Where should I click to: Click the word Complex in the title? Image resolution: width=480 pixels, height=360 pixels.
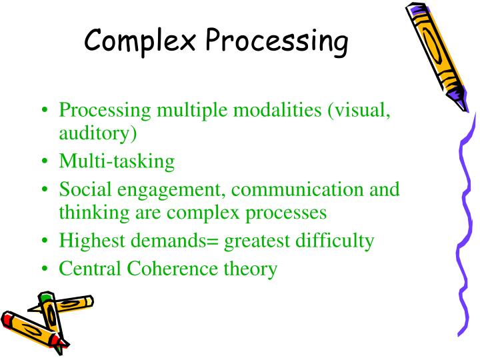(140, 41)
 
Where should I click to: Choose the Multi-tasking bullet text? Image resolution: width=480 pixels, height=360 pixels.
(117, 161)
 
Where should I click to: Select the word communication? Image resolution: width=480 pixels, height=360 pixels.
(298, 189)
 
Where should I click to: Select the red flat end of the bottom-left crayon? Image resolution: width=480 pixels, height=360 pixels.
(8, 319)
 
